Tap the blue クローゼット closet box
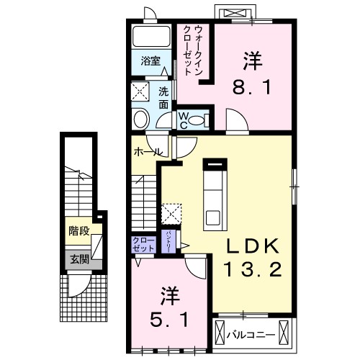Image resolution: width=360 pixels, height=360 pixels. pyautogui.click(x=144, y=243)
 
